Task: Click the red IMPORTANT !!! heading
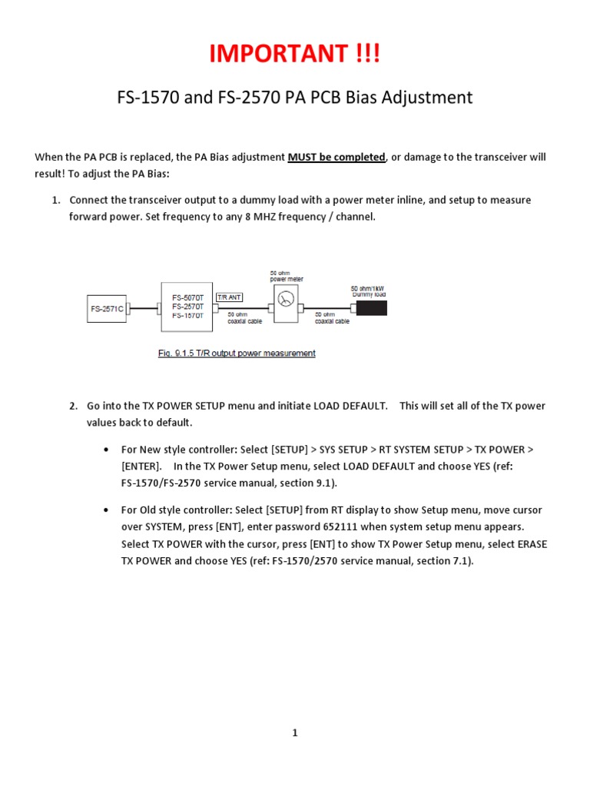pos(295,54)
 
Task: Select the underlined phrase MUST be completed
pos(336,157)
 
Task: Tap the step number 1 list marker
pos(55,200)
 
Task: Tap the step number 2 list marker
pos(73,406)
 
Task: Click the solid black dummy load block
pos(371,308)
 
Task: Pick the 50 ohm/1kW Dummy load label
pos(368,291)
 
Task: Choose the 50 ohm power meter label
pos(287,276)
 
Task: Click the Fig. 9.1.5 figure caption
pos(237,354)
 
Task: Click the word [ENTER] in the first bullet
pos(141,467)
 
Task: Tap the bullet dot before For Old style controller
pos(105,510)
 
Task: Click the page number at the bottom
pos(294,733)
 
